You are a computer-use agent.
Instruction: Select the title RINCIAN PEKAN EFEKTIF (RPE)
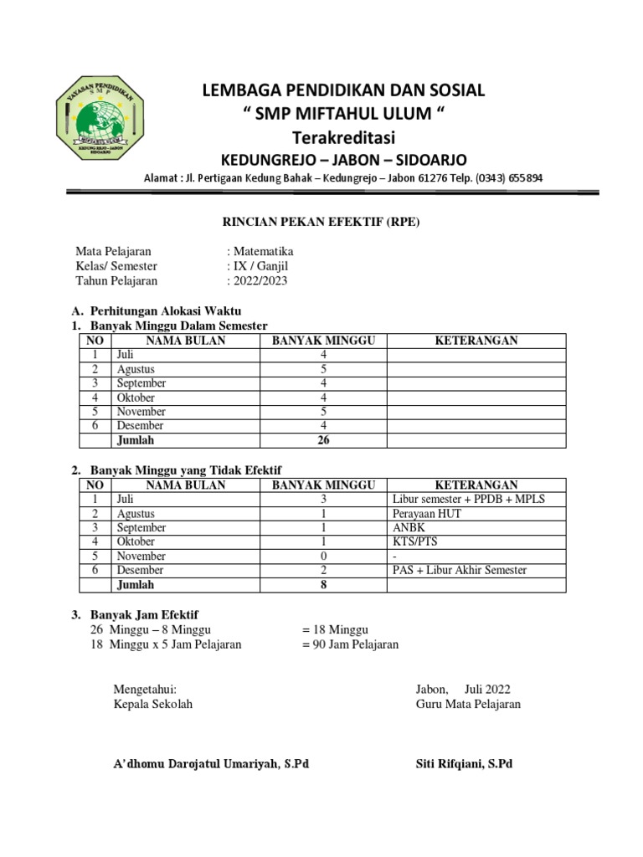[320, 223]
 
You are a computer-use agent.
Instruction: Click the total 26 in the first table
[323, 440]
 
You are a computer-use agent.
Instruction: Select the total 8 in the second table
[323, 585]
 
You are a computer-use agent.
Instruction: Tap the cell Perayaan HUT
[426, 514]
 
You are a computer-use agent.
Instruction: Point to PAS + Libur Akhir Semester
[460, 571]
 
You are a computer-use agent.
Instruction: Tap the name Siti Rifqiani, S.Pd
[464, 764]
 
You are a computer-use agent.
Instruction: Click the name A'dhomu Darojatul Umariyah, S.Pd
[211, 764]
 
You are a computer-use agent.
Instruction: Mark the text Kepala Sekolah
[153, 704]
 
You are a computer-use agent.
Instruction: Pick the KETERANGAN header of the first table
[476, 340]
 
